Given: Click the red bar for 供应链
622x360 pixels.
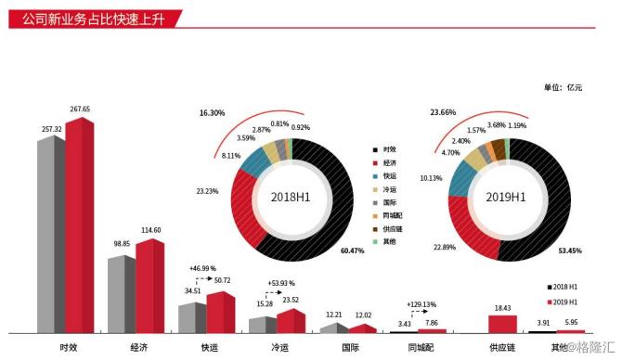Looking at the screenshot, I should tap(502, 323).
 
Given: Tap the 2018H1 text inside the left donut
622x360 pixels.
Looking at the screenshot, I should tap(293, 197).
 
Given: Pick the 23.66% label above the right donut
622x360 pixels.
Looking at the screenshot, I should tap(444, 112).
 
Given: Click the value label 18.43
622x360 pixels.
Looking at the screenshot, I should tap(502, 307).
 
